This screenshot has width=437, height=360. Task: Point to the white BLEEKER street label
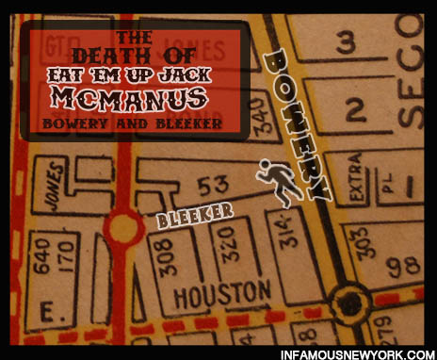[x=195, y=216]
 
